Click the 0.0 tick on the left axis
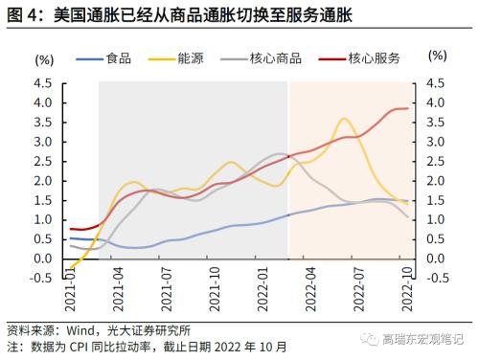[x=42, y=259]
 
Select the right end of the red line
[x=408, y=108]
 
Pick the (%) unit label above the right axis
[x=436, y=56]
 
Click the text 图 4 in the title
[x=21, y=13]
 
